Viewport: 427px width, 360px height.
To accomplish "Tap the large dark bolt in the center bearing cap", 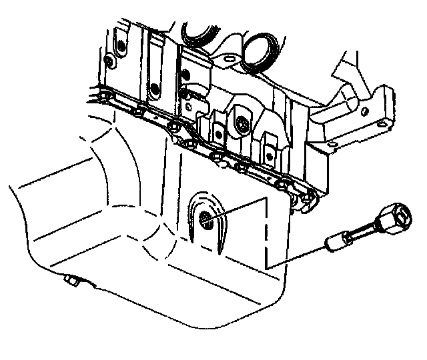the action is click(x=242, y=123).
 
